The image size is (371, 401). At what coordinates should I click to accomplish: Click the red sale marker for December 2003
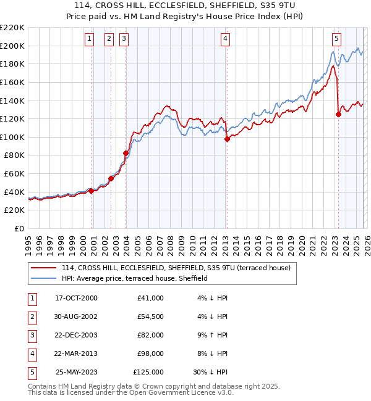pyautogui.click(x=126, y=153)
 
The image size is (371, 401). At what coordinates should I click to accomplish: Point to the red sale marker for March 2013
pyautogui.click(x=227, y=139)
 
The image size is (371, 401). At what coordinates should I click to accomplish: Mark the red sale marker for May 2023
pyautogui.click(x=338, y=114)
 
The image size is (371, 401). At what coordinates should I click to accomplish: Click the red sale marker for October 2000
pyautogui.click(x=91, y=191)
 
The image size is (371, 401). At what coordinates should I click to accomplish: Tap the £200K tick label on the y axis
pyautogui.click(x=12, y=46)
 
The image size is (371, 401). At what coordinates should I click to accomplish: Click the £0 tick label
pyautogui.click(x=19, y=229)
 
